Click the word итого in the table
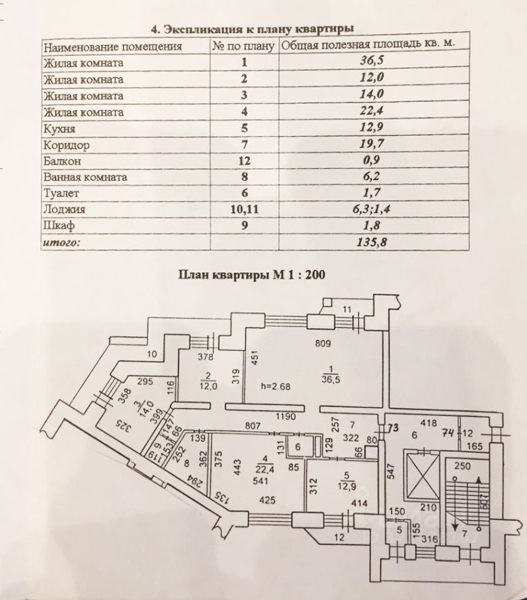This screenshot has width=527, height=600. pos(61,242)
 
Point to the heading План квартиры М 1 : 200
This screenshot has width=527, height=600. pos(253,274)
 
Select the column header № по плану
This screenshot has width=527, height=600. pos(243,46)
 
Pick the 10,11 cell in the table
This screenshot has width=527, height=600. pos(244,209)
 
